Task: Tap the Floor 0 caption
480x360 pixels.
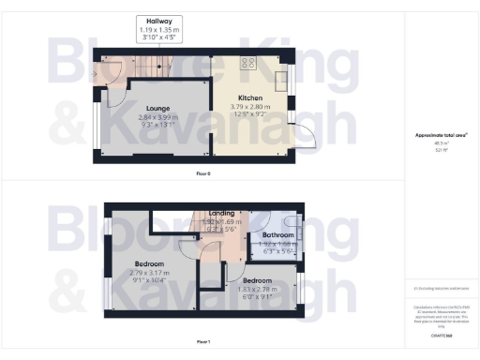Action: point(203,174)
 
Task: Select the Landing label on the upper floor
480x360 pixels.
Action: point(221,214)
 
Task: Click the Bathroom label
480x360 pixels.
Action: point(278,234)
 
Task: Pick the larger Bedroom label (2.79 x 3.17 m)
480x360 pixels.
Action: point(150,264)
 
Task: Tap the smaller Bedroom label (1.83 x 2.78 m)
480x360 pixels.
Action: point(256,280)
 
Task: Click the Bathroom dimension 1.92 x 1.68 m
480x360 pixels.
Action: point(278,243)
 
